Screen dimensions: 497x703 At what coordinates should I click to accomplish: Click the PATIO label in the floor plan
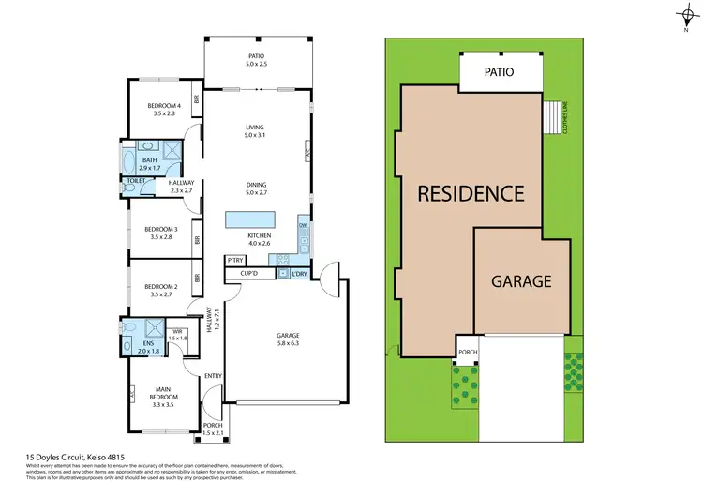pyautogui.click(x=256, y=59)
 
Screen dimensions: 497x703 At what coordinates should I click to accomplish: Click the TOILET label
pyautogui.click(x=136, y=180)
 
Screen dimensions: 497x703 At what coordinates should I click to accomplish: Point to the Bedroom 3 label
pyautogui.click(x=160, y=233)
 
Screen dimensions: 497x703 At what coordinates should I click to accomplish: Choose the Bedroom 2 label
pyautogui.click(x=160, y=290)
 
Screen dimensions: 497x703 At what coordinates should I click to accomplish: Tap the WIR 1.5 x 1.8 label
pyautogui.click(x=178, y=334)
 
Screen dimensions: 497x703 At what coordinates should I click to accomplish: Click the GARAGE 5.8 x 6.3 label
pyautogui.click(x=287, y=339)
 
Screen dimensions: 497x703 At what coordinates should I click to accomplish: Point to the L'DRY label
pyautogui.click(x=299, y=273)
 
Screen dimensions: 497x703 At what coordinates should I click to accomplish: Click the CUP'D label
pyautogui.click(x=249, y=273)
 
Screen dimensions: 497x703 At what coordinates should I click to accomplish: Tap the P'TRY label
pyautogui.click(x=234, y=260)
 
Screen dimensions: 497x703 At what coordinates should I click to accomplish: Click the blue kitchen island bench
pyautogui.click(x=247, y=219)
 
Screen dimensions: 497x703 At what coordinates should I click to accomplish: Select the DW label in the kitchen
pyautogui.click(x=303, y=226)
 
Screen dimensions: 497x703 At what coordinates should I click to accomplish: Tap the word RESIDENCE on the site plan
pyautogui.click(x=470, y=193)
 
